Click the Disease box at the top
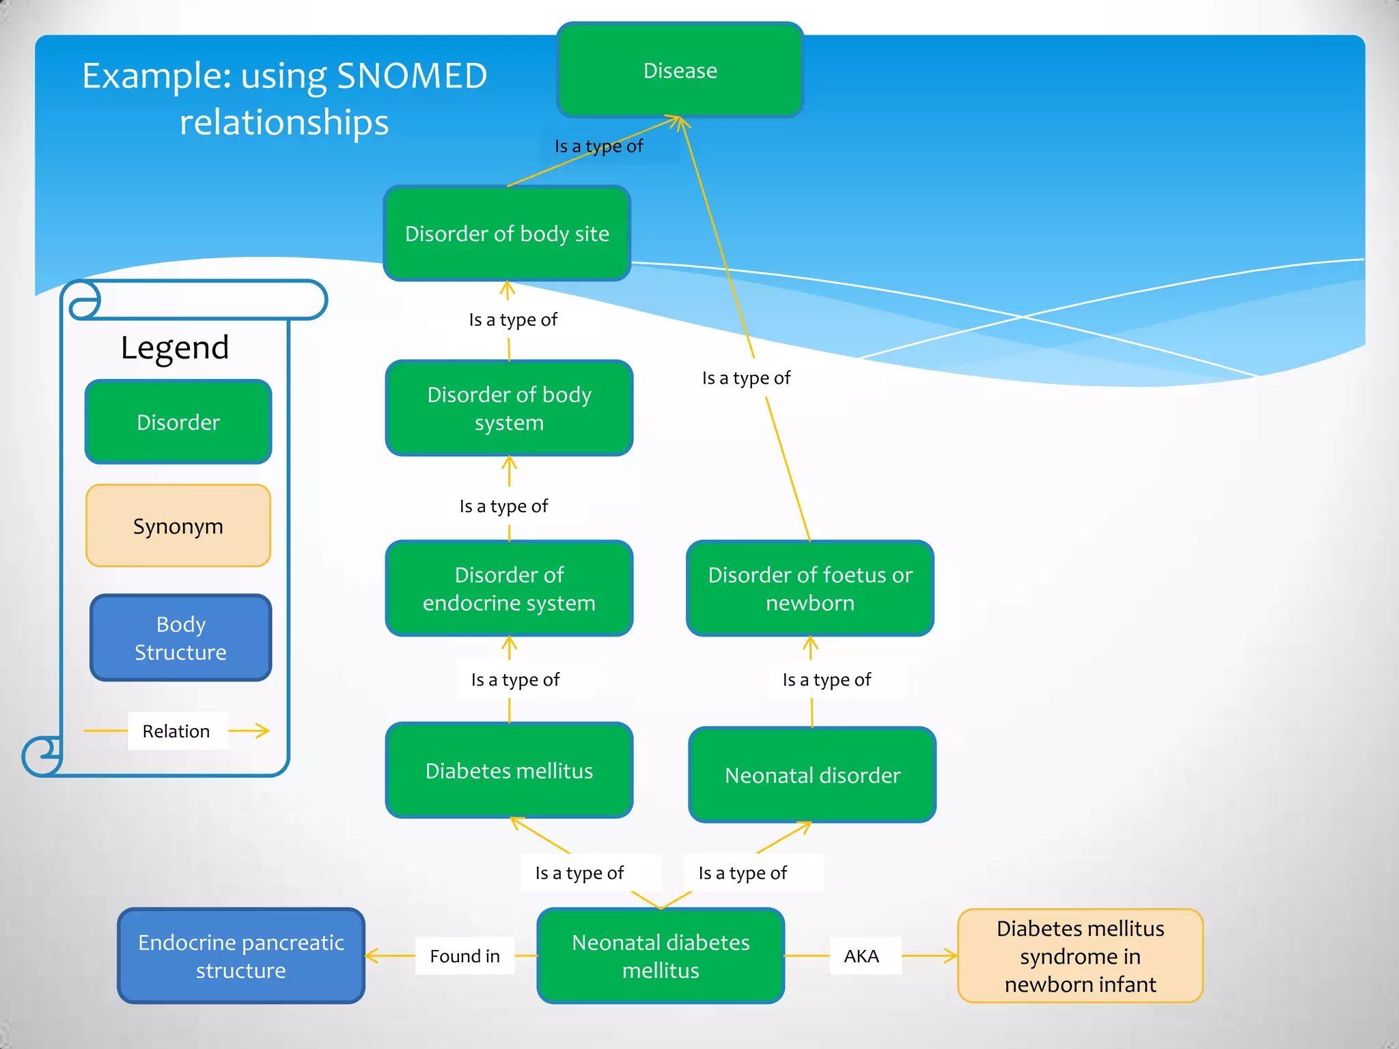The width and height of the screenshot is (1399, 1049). coord(680,70)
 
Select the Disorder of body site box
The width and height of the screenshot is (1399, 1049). coord(507,234)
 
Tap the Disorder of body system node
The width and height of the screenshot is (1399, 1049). coord(509,408)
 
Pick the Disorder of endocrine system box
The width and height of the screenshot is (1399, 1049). coord(509,589)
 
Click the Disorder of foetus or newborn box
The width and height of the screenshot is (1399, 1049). coord(810,589)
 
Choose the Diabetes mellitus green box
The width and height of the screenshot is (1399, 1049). coord(509,770)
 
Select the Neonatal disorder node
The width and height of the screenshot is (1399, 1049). coord(812,775)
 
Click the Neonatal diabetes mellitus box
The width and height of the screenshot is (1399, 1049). coord(661,956)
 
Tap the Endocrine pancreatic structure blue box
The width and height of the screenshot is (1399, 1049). coord(241,956)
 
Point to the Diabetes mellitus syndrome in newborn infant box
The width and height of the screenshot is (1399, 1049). coord(1080,956)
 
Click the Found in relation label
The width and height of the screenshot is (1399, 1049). coord(465,956)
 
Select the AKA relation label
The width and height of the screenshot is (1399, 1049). coord(861,956)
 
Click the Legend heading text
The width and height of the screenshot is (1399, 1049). coord(175,348)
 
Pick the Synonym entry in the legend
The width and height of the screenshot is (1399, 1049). coord(178,526)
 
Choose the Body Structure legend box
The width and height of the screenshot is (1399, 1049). coord(180,638)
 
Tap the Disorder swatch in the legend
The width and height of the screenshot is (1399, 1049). coord(178,422)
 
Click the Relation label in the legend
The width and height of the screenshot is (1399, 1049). coord(176,731)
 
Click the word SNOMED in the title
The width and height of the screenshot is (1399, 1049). coord(412,76)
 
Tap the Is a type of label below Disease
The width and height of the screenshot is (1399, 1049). coord(598,146)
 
